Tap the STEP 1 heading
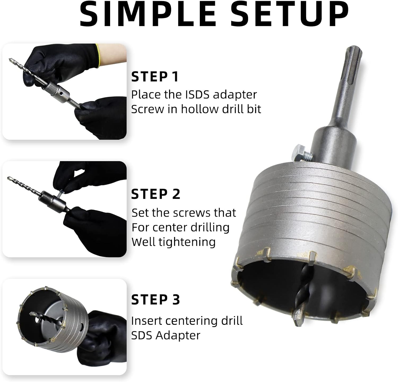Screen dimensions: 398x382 pos(155,77)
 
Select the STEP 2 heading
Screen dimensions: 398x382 pos(156,194)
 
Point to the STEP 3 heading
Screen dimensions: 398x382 pos(156,300)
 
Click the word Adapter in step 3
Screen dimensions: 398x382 pos(178,336)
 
